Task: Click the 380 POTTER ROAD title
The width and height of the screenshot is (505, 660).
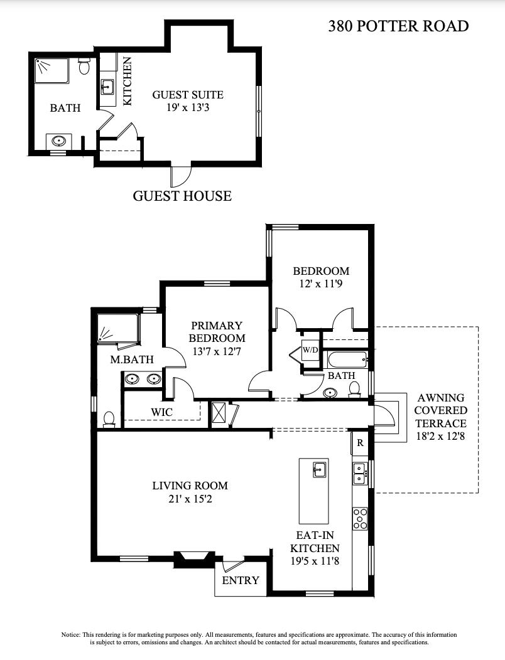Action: (x=398, y=26)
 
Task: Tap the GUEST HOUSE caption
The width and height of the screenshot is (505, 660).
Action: (x=182, y=196)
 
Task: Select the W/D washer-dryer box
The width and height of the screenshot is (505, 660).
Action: (x=310, y=350)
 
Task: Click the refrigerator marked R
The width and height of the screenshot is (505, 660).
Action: (x=360, y=443)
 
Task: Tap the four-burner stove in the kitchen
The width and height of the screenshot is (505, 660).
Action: (x=360, y=519)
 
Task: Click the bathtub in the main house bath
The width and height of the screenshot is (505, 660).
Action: (x=347, y=360)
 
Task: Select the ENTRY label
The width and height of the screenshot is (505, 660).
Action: (x=241, y=580)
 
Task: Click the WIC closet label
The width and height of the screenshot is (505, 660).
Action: (x=162, y=412)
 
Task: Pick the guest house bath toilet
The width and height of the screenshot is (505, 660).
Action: (x=84, y=66)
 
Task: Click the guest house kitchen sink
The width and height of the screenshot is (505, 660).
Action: (x=107, y=87)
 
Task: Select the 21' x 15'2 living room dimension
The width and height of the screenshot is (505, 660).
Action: (x=190, y=499)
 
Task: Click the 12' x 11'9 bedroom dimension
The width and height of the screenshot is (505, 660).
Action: (x=321, y=284)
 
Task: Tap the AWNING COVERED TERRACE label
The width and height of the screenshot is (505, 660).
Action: (x=440, y=410)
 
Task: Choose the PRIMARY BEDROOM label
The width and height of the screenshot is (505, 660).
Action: (x=217, y=332)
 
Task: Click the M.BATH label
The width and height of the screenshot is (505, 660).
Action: (x=132, y=359)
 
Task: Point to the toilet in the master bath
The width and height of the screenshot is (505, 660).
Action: (x=109, y=419)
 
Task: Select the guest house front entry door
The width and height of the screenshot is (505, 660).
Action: (x=180, y=176)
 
